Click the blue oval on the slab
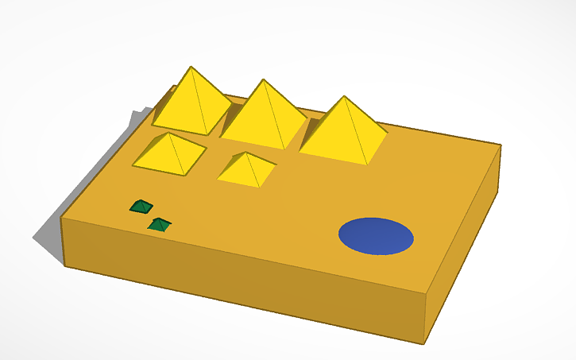coord(376,236)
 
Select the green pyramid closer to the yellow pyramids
coord(141,207)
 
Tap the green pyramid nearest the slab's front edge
coord(160,225)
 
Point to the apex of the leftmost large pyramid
coord(191,67)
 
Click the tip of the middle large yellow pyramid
coord(263,79)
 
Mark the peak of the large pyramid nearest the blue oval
coord(344,97)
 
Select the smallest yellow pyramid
coord(247,169)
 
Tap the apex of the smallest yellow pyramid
coord(249,153)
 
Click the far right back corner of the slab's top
coord(501,145)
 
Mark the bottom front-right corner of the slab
coord(424,344)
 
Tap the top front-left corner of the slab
coord(62,216)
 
